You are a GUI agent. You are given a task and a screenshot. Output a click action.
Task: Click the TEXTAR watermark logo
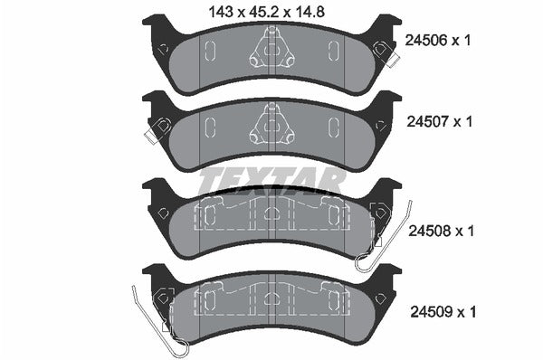tap(271, 180)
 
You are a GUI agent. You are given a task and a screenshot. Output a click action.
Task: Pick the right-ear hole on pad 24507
tap(381, 128)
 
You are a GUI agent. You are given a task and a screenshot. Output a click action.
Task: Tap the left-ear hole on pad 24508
tap(162, 213)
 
